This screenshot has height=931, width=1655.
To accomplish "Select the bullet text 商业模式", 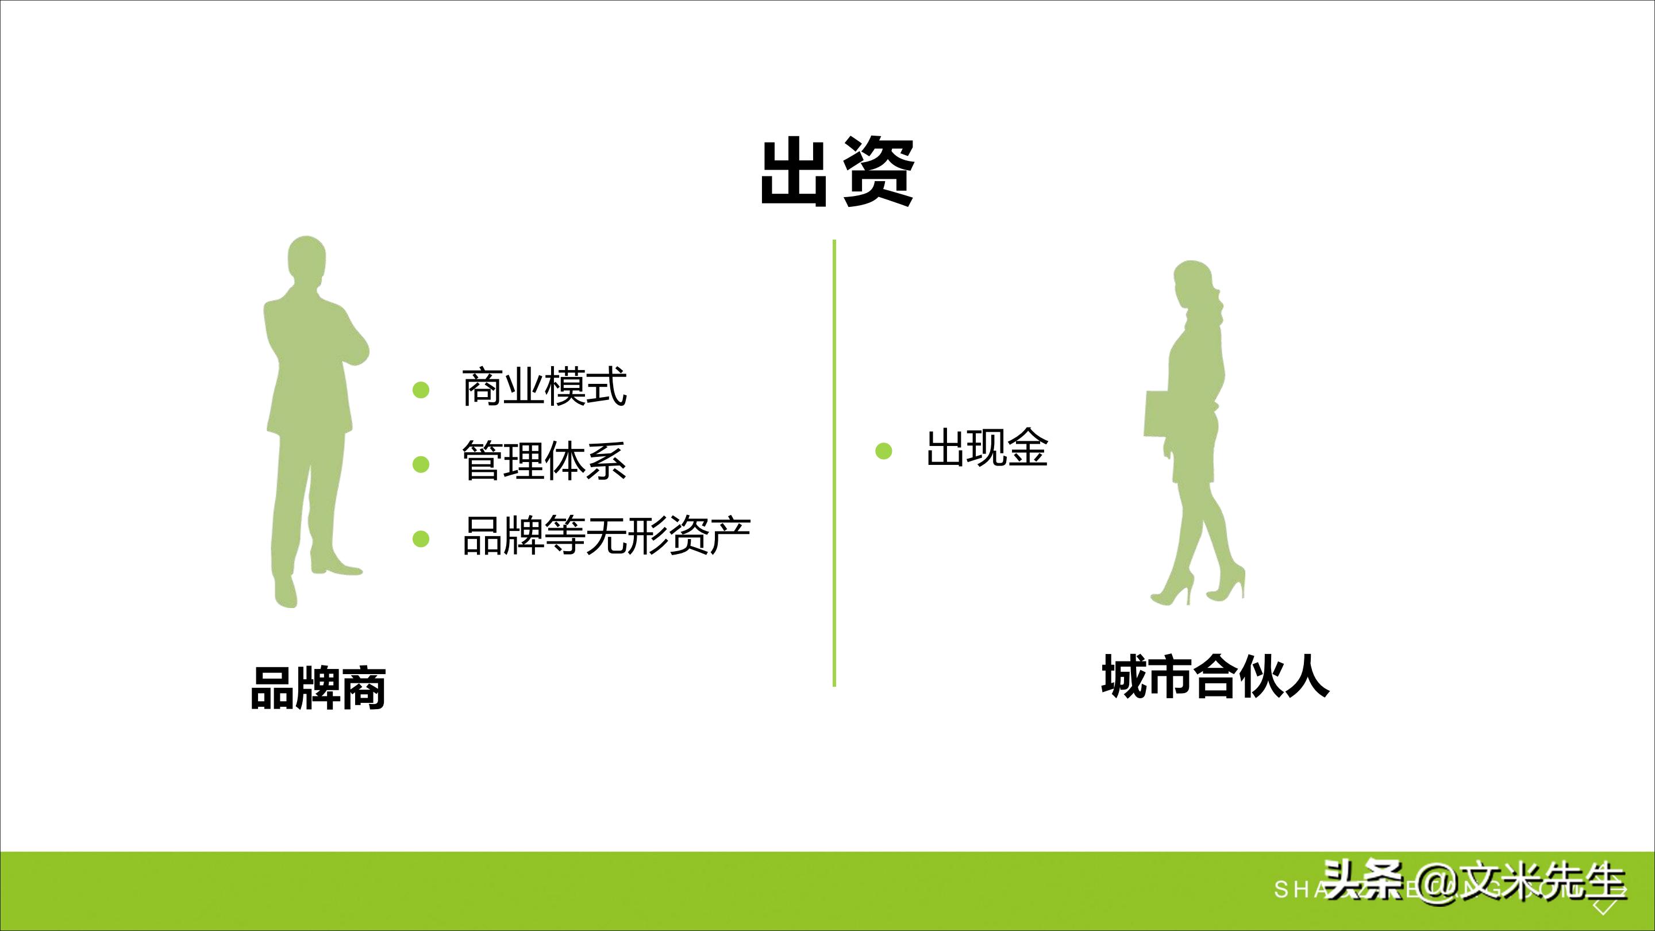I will [x=544, y=387].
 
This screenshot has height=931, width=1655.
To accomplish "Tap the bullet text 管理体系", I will [x=544, y=461].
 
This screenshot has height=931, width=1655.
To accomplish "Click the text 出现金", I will [x=987, y=448].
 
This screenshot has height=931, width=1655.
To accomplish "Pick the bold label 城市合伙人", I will [x=1215, y=676].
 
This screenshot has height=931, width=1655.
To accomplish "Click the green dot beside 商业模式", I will [x=421, y=390].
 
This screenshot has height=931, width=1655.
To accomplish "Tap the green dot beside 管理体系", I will [x=421, y=464].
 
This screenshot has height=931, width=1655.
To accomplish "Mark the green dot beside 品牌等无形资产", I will [x=421, y=538].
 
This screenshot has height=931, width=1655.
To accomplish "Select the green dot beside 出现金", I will [x=884, y=451].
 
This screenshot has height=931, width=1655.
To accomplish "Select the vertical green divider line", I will [x=834, y=463].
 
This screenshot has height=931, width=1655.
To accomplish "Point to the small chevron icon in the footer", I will [x=1604, y=907].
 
